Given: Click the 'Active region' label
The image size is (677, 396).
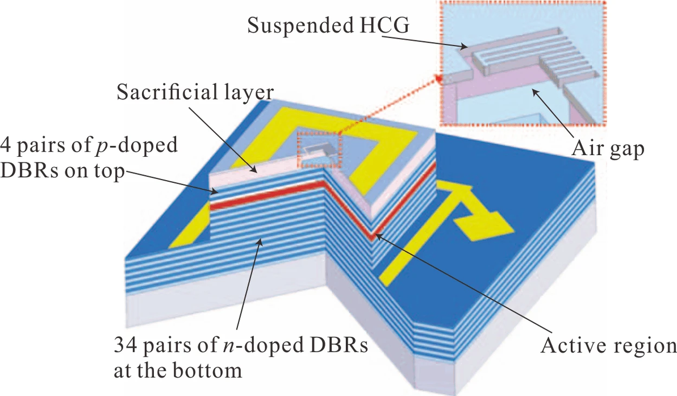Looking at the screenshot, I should tap(607, 344).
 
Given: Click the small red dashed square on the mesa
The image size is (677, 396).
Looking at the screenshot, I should tap(317, 150).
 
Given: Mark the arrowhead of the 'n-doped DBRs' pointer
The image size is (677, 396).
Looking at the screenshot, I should tap(260, 241).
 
